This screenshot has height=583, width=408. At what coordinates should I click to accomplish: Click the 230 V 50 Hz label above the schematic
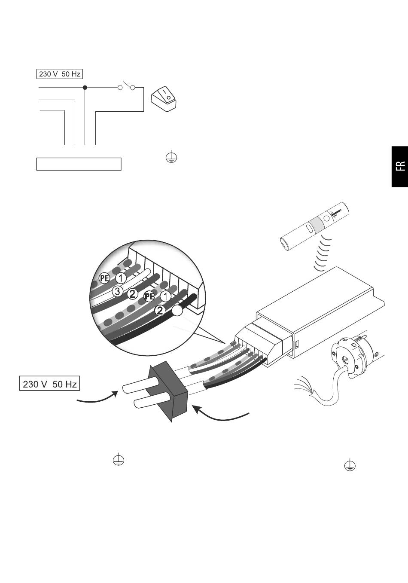click(60, 74)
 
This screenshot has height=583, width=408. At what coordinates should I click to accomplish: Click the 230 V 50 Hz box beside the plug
click(49, 384)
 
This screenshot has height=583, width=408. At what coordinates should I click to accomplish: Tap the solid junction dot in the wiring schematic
click(85, 88)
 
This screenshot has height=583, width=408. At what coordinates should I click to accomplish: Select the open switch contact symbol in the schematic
click(126, 86)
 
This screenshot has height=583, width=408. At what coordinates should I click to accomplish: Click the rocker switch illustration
click(164, 99)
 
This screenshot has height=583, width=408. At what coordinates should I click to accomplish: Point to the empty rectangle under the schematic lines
click(79, 164)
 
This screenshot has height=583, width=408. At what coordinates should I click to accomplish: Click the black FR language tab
click(400, 166)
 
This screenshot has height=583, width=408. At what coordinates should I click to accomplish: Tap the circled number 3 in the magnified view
click(117, 291)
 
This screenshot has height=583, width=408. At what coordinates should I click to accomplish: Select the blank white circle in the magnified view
click(177, 311)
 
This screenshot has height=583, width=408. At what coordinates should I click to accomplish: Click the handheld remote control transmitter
click(314, 226)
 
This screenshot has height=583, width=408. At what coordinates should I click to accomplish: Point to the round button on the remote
click(326, 218)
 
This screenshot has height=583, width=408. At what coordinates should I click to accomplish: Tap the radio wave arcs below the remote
click(323, 253)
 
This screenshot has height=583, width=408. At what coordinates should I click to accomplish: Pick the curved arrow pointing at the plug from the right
click(221, 415)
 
